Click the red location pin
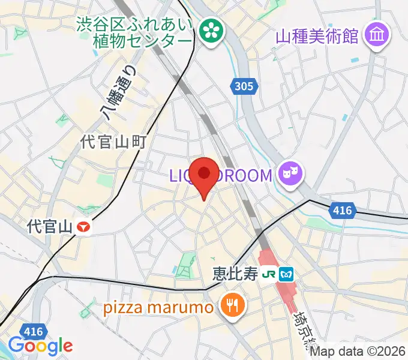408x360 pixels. [205, 175]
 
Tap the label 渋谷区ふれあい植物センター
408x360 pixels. [134, 33]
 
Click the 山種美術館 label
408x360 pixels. [317, 37]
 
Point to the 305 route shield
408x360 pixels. [244, 87]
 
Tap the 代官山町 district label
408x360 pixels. [114, 142]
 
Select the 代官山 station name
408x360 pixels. [49, 227]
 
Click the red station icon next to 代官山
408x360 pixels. [85, 227]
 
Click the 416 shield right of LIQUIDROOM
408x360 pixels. [343, 211]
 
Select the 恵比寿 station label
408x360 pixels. [235, 274]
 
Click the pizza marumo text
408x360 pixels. [159, 308]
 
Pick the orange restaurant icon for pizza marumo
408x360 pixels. [230, 307]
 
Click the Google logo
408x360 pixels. [40, 345]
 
